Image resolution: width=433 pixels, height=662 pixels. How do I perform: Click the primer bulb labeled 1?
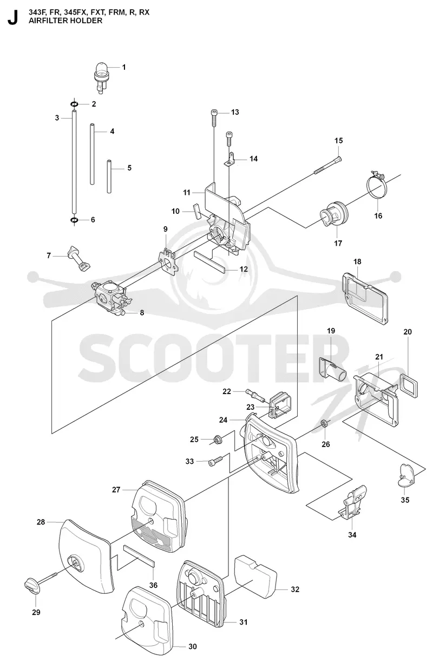101,77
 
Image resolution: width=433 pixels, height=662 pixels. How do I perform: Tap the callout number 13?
235,112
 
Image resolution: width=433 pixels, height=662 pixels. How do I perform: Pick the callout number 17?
338,243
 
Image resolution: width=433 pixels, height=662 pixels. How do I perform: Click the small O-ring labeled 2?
74,104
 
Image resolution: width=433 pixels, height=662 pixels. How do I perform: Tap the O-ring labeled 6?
74,220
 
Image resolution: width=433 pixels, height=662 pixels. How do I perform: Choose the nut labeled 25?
217,439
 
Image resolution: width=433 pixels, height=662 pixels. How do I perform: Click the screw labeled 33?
215,461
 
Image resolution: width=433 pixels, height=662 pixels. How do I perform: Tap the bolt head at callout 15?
338,159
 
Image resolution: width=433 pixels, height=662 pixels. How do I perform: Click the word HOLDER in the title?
88,21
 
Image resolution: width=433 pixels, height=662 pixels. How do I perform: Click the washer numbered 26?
325,423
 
